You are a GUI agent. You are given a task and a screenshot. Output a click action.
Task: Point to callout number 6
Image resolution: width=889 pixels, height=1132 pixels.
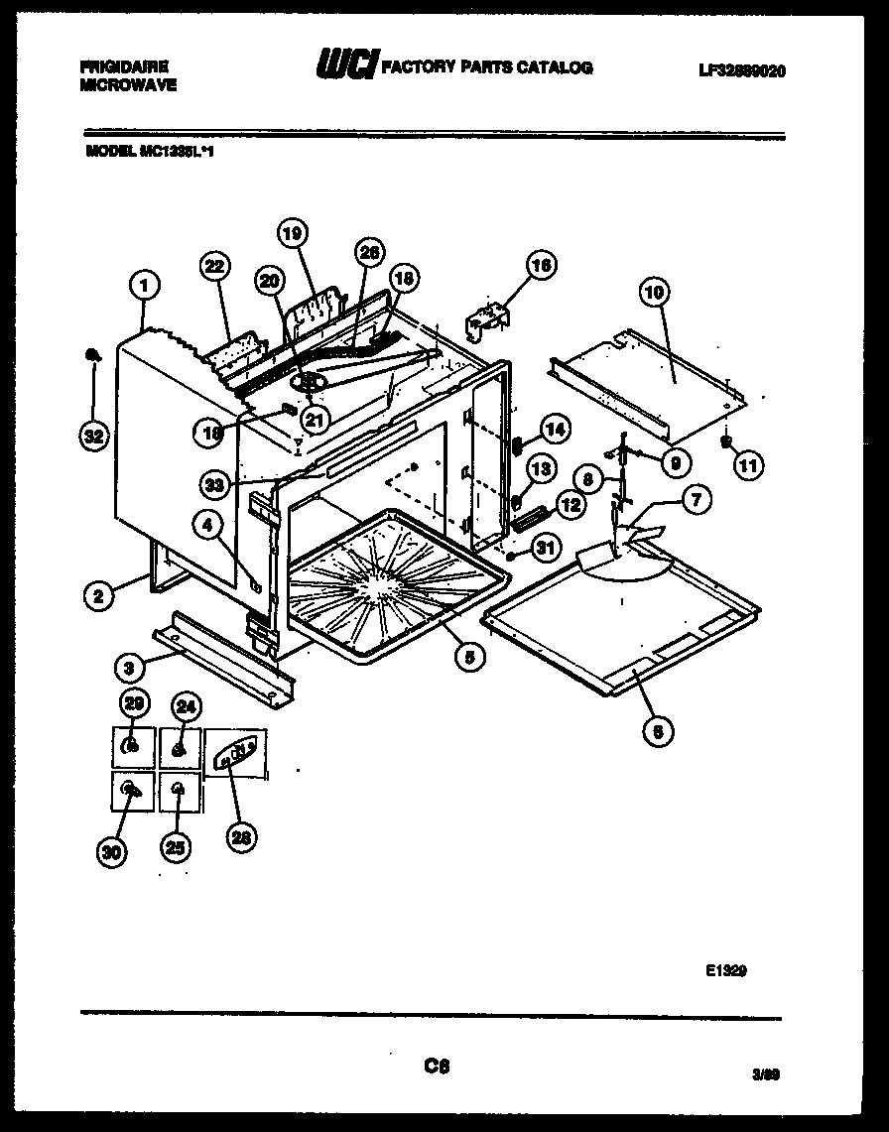point(658,731)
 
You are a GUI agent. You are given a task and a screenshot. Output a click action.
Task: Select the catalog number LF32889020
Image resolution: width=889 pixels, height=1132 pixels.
point(742,69)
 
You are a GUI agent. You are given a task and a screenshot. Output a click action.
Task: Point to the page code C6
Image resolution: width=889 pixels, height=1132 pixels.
point(437,1066)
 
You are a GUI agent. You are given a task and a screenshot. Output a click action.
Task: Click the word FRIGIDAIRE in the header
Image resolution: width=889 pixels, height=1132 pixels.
point(123,65)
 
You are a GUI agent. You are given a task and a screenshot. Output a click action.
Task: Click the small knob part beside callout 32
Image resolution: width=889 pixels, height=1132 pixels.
point(91,352)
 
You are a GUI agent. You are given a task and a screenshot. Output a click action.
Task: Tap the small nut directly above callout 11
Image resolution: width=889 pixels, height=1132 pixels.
point(726,437)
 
